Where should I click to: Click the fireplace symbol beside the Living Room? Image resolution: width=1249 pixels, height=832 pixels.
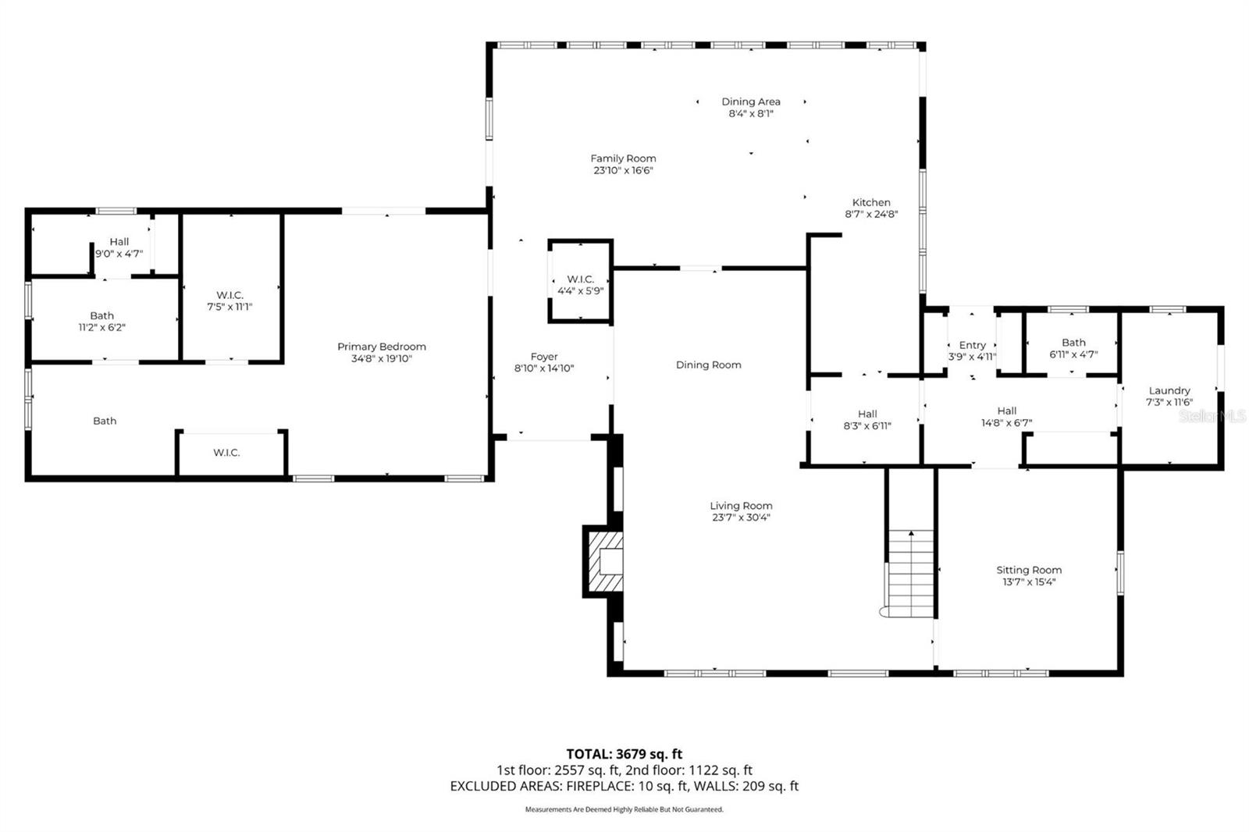coord(603,561)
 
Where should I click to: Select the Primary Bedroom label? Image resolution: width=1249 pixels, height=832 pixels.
coord(382,347)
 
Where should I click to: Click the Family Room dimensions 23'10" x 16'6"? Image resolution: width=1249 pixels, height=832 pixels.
coord(623,170)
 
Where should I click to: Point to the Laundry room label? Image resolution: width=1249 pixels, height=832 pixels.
coord(1169,390)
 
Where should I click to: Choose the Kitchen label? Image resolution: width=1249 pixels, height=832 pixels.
coord(871,202)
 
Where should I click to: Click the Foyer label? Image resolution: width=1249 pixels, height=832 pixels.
coord(544,357)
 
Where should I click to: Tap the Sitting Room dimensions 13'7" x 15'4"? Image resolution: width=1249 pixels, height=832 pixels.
coord(1029,581)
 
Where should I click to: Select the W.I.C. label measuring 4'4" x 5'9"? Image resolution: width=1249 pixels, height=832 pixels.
coord(580,279)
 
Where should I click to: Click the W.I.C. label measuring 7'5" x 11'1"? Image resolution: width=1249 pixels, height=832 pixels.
coord(230,295)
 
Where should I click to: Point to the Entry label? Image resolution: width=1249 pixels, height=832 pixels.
coord(972,345)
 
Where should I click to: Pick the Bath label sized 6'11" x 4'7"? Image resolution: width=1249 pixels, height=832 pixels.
coord(1073,342)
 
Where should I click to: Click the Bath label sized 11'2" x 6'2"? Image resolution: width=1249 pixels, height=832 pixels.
coord(101,315)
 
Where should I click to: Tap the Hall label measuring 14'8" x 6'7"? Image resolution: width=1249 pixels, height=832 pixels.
coord(1007,411)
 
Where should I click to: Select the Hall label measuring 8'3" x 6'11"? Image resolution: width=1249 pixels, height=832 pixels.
coord(867,414)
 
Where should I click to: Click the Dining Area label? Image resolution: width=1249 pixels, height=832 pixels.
coord(750,101)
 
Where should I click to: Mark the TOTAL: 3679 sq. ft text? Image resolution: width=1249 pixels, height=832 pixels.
coord(624,754)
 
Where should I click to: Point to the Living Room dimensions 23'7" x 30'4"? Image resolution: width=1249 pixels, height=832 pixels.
coord(741,517)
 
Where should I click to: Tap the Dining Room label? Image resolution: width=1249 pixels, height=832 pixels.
coord(708,364)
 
